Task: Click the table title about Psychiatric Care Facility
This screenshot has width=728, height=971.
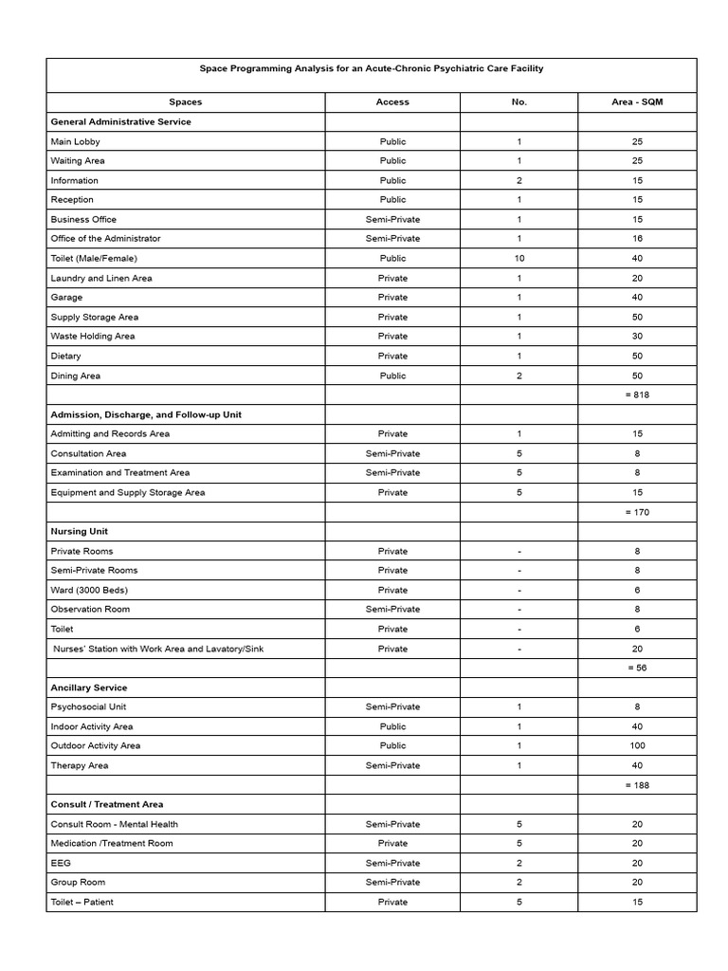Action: pos(372,69)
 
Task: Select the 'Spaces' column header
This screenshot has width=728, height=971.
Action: pos(186,102)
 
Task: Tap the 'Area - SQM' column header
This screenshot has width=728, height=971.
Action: pos(637,102)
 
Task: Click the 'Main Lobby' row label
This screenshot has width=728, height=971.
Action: pos(75,141)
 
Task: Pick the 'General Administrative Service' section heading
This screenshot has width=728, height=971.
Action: pos(120,122)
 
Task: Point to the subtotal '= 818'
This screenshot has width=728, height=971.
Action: pos(637,395)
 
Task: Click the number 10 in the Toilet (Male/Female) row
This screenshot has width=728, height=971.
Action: pos(519,259)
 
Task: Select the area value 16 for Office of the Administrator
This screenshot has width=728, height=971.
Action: pos(637,239)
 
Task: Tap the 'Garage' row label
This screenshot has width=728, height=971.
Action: pos(66,298)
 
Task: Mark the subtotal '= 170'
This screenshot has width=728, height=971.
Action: pos(637,512)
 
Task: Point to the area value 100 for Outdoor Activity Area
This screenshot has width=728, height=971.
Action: pos(637,746)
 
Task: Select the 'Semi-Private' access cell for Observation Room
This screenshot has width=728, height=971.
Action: pos(392,610)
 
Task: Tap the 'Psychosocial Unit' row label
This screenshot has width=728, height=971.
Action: pos(88,707)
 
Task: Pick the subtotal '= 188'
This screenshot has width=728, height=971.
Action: pos(637,785)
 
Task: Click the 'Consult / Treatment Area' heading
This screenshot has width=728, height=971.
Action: pos(107,805)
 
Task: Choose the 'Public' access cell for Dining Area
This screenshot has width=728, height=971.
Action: pos(392,376)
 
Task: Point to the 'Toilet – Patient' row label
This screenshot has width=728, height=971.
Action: pos(82,902)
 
